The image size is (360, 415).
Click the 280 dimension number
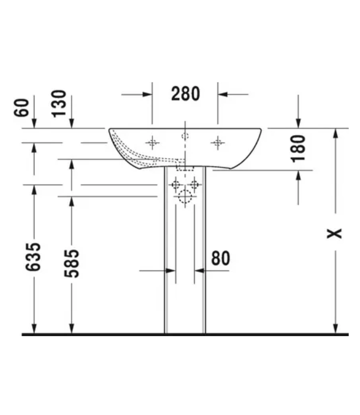pos(185,94)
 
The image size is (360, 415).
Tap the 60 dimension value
pos(21,107)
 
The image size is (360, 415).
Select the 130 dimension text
pos(59,104)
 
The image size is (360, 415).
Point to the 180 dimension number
pos(298,148)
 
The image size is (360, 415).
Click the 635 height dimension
pos(33,257)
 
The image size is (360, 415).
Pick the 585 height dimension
pos(72,264)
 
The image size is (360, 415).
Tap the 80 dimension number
pos(221,258)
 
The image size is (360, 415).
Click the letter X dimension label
pos(335,233)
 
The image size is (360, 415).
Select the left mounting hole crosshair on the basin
pos(152,143)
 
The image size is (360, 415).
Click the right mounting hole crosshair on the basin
pos(218,143)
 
